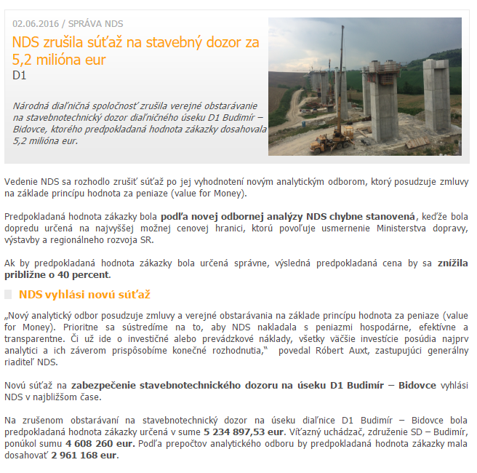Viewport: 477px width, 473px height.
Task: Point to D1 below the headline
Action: click(20, 74)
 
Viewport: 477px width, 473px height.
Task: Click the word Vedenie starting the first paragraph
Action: click(21, 181)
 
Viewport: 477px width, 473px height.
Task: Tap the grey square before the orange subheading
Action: click(8, 295)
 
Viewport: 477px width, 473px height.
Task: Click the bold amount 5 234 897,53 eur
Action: click(244, 431)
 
